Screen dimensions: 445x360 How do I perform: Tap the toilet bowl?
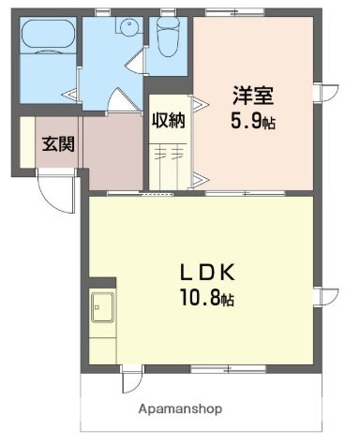click(x=169, y=40)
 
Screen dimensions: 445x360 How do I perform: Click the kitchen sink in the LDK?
click(x=102, y=305)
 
